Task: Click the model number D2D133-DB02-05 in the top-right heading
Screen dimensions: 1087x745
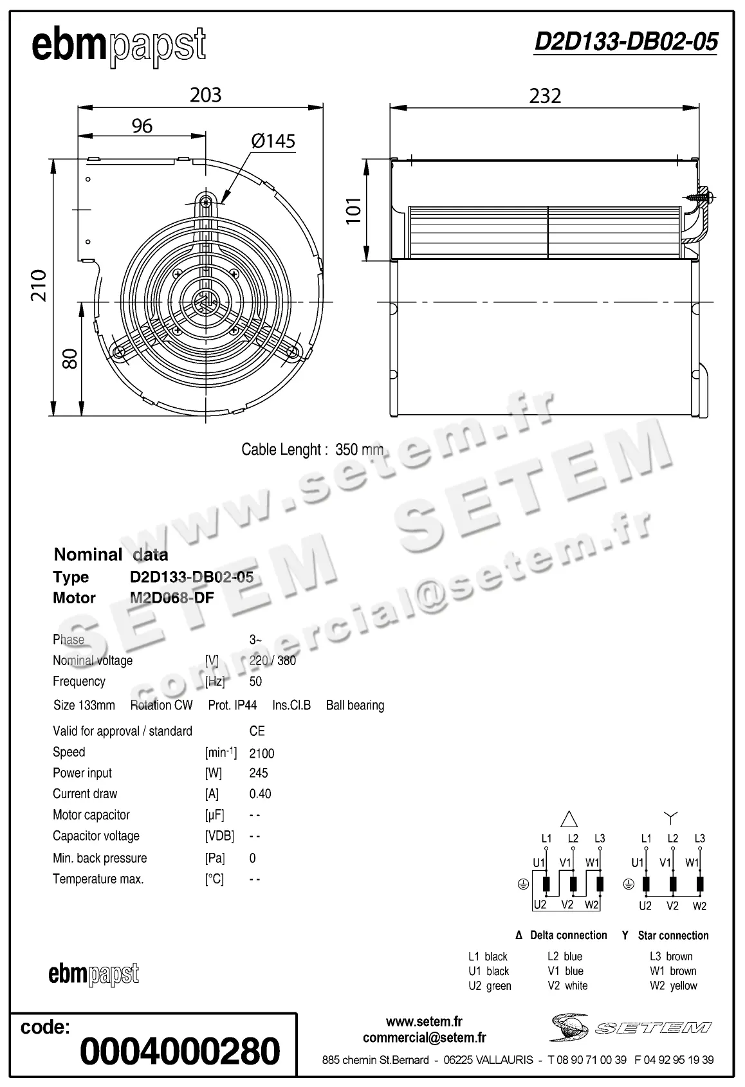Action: pyautogui.click(x=625, y=42)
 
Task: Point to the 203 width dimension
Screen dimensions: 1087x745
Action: pyautogui.click(x=206, y=95)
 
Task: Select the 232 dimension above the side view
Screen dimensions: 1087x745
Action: pyautogui.click(x=545, y=96)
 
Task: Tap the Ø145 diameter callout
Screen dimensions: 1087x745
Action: pyautogui.click(x=273, y=141)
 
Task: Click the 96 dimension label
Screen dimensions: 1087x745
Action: pyautogui.click(x=142, y=126)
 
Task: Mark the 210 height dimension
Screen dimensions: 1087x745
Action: pyautogui.click(x=39, y=286)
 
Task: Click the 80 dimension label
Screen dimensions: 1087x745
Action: pyautogui.click(x=69, y=358)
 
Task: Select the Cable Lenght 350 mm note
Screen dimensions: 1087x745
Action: pyautogui.click(x=312, y=450)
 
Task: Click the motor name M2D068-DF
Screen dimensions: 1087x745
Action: pyautogui.click(x=172, y=598)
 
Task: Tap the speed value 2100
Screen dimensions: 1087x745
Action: pyautogui.click(x=262, y=753)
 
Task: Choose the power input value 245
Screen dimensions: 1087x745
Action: pyautogui.click(x=259, y=773)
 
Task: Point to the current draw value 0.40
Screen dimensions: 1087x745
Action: pyautogui.click(x=260, y=794)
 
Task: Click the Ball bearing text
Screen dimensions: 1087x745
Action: pyautogui.click(x=354, y=705)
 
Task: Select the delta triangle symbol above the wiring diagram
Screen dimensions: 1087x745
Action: pyautogui.click(x=569, y=818)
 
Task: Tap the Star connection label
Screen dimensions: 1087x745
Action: pyautogui.click(x=672, y=935)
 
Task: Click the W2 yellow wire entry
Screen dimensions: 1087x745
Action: pyautogui.click(x=673, y=985)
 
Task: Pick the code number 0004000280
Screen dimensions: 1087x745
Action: pyautogui.click(x=180, y=1051)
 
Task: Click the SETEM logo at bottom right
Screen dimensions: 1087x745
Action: pyautogui.click(x=630, y=1027)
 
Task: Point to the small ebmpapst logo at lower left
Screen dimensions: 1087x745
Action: pyautogui.click(x=94, y=974)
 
